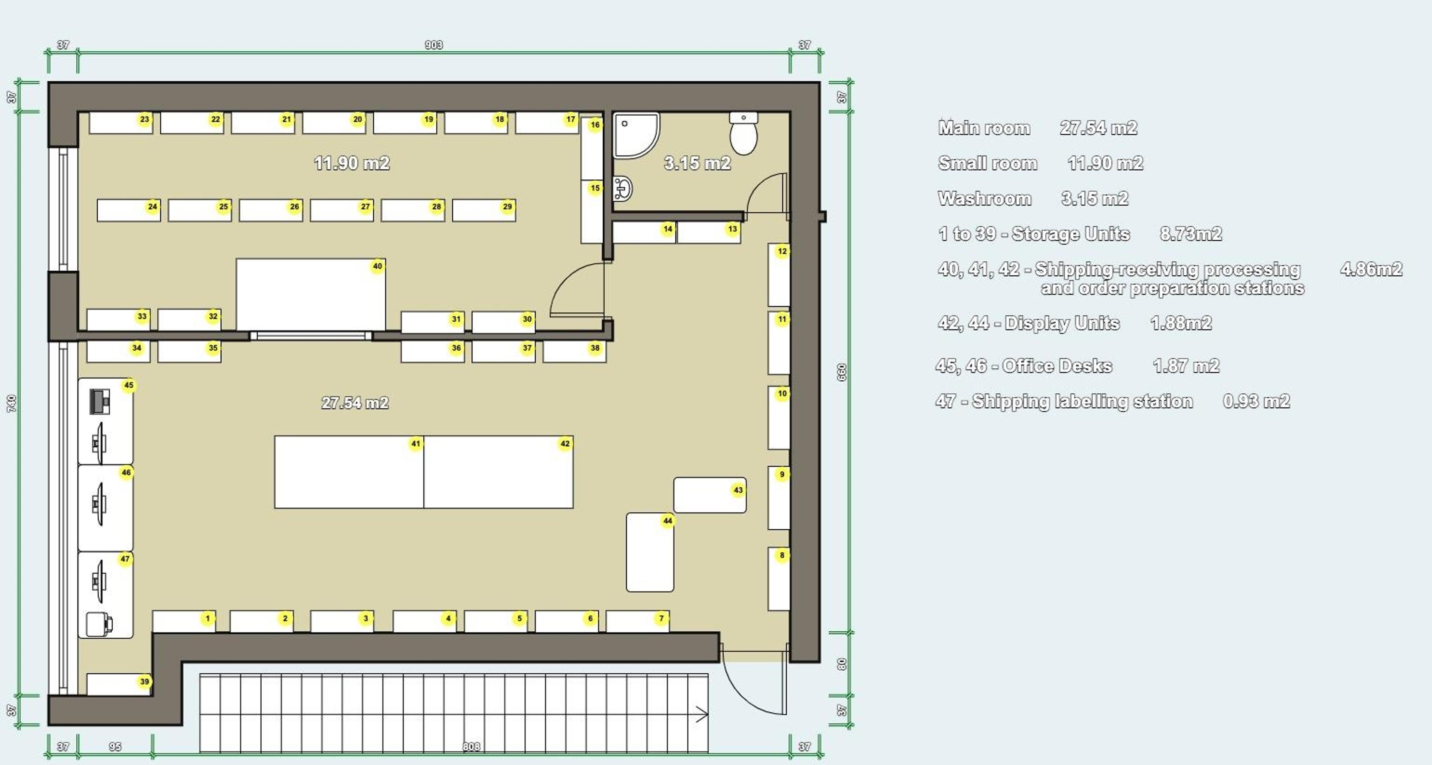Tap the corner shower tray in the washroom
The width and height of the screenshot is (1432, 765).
coord(634,135)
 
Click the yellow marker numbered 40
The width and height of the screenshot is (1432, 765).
coord(377,266)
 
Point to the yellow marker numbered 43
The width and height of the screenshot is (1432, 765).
coord(738,490)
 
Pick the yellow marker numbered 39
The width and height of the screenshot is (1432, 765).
coord(145,681)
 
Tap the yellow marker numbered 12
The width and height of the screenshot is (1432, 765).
coord(782,251)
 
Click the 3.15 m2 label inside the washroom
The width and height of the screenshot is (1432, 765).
coord(697,163)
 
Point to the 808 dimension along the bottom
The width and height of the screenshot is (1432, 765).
coord(471,747)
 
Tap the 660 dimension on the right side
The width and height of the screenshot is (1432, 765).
coord(842,372)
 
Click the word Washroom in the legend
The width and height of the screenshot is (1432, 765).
coord(984,199)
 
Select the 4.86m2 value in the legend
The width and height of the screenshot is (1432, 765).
coord(1371,270)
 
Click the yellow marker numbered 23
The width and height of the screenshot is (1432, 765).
coord(145,119)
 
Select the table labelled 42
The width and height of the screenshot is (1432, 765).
coord(498,472)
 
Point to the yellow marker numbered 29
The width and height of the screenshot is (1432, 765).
coord(507,207)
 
